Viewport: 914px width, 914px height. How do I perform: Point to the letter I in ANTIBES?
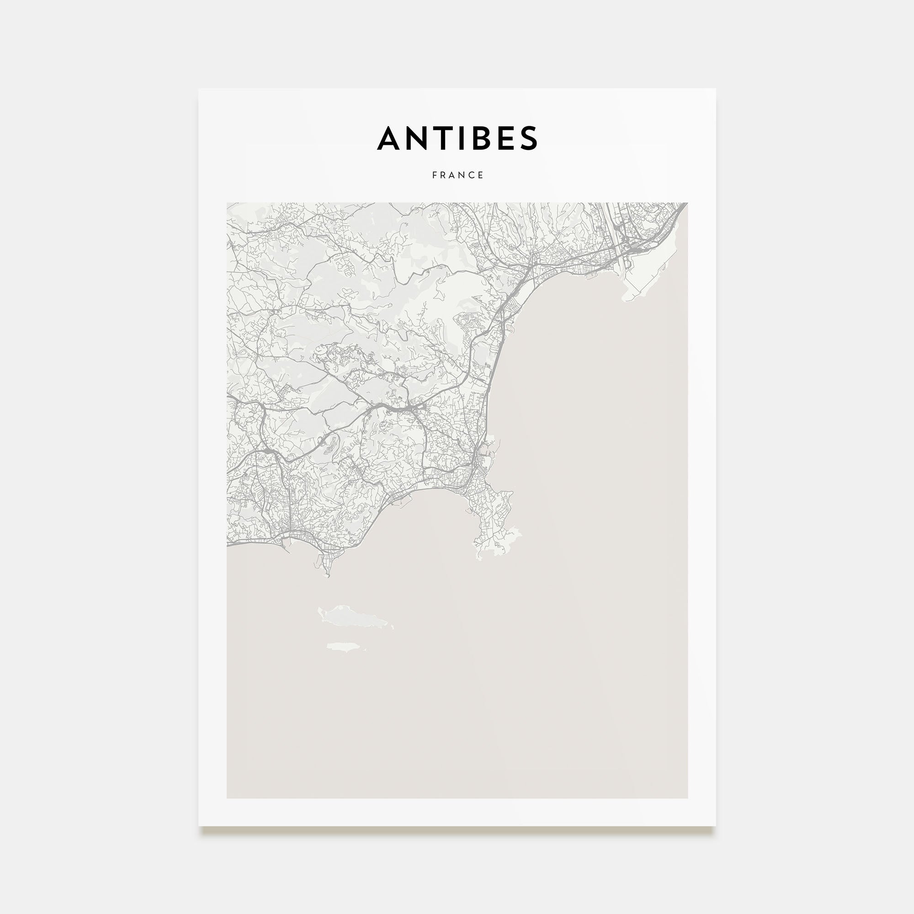point(461,138)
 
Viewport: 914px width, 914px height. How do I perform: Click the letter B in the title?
point(480,138)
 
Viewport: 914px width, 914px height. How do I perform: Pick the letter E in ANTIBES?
point(505,138)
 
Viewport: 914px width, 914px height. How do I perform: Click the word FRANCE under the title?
point(457,175)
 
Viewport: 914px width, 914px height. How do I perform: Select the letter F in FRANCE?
point(434,175)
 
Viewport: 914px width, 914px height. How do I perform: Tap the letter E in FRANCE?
point(481,175)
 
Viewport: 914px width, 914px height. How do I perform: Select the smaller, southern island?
point(346,647)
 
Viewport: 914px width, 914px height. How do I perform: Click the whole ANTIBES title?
point(457,138)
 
